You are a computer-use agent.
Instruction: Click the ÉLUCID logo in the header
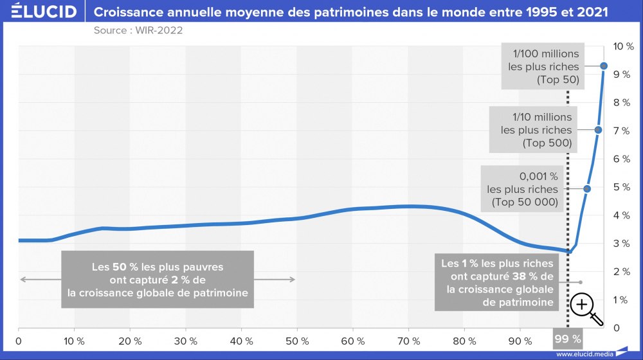point(40,12)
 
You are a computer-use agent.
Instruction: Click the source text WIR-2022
point(134,31)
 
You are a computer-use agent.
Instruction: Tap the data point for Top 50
point(604,66)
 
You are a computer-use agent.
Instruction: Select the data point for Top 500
point(598,130)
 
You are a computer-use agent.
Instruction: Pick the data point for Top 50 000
point(587,188)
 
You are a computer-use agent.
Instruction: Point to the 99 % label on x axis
point(567,339)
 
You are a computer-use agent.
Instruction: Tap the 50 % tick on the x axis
point(298,341)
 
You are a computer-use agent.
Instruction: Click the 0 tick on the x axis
point(19,341)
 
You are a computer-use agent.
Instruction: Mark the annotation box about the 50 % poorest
point(158,280)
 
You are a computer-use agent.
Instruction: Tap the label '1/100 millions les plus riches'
point(543,67)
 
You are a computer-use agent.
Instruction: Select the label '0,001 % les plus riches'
point(522,189)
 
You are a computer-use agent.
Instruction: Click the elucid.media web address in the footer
point(583,354)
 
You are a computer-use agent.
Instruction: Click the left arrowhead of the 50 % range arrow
point(22,279)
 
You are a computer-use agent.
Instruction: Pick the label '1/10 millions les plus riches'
point(536,130)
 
